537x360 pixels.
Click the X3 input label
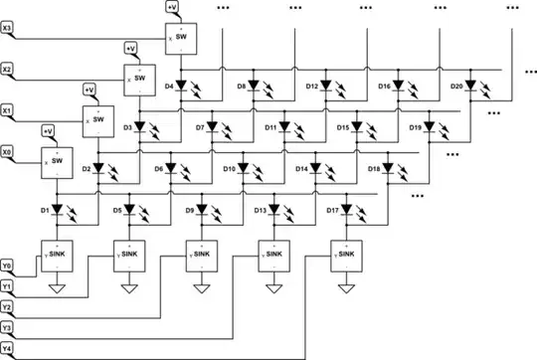click(x=8, y=27)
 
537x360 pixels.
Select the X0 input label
click(x=8, y=152)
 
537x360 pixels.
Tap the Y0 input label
click(x=8, y=267)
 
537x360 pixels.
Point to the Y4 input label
click(x=8, y=348)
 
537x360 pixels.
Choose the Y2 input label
click(x=8, y=307)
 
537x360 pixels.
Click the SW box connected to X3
click(x=180, y=37)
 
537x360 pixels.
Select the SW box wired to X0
click(x=56, y=161)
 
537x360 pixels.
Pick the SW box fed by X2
click(x=139, y=78)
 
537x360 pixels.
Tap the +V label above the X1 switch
click(x=89, y=90)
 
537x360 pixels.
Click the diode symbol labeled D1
click(x=57, y=211)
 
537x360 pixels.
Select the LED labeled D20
click(x=471, y=85)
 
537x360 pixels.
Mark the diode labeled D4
click(x=181, y=85)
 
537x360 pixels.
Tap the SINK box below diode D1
click(x=57, y=256)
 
